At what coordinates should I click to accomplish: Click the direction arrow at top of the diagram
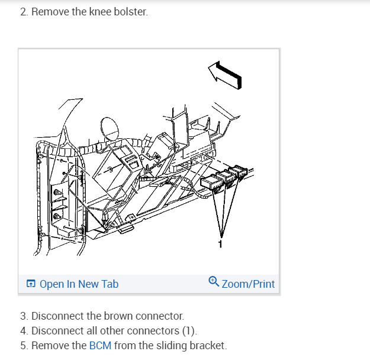point(226,74)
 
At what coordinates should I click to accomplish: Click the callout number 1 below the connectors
point(221,243)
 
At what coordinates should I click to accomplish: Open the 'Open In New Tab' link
point(79,284)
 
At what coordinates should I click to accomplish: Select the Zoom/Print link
point(248,284)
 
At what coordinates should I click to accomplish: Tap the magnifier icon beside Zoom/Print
point(214,282)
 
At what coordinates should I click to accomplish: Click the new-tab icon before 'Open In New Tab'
point(31,284)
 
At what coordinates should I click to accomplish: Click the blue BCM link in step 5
point(100,346)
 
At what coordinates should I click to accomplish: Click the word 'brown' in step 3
point(121,316)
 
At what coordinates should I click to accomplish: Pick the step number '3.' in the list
point(24,316)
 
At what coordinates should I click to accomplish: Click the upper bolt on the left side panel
point(57,193)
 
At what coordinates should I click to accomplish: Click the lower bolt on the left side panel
point(57,216)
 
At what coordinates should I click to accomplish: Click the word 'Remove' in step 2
point(49,12)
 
